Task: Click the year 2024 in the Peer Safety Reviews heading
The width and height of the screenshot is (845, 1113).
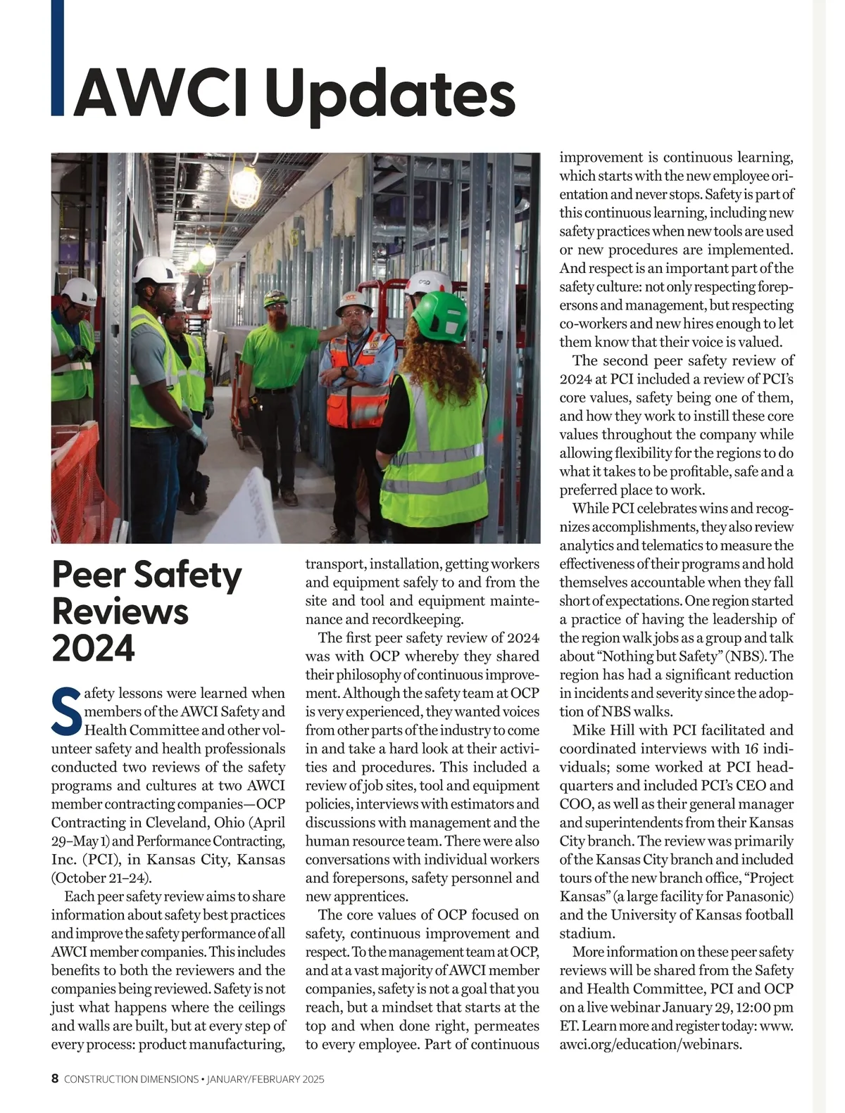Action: coord(93,648)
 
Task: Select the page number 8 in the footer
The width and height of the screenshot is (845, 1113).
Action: coord(55,1079)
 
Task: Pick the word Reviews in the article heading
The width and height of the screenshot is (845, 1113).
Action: coord(120,611)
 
